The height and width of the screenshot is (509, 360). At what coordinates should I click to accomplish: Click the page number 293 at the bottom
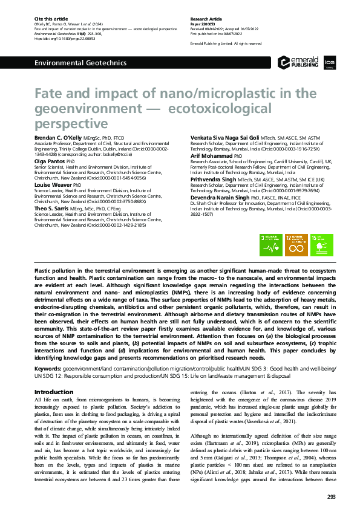pos(330,497)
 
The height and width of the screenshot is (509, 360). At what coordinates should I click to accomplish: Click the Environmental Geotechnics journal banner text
pos(80,62)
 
